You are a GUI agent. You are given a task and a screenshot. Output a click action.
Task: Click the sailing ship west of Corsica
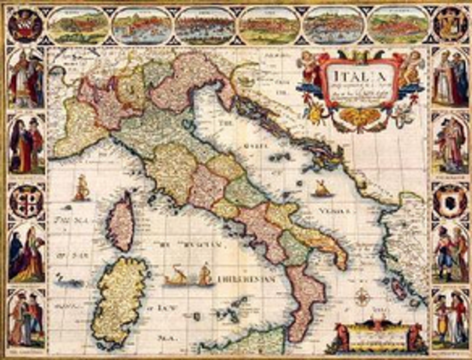(x=80, y=187)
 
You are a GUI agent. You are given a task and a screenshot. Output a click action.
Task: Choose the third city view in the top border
(x=206, y=25)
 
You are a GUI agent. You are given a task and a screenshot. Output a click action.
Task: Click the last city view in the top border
(x=398, y=25)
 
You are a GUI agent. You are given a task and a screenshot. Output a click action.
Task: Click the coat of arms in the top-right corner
(x=449, y=24)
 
